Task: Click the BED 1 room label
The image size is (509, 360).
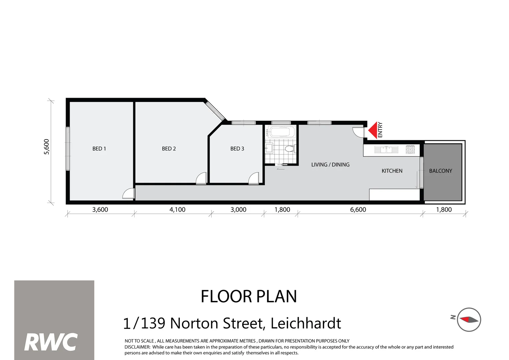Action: point(99,149)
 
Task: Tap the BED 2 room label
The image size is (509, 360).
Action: point(169,149)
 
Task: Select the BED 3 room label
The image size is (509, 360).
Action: point(237,149)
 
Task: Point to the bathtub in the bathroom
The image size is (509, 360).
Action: point(282,132)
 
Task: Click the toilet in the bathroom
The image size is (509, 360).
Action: point(289,149)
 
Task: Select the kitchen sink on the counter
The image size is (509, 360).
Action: point(386,150)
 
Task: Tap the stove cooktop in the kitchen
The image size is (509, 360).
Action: point(410,150)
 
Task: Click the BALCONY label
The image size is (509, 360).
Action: point(440,171)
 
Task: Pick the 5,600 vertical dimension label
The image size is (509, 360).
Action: point(47,147)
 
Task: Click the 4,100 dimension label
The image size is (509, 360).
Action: point(177,210)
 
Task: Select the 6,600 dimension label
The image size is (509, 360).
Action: point(358,210)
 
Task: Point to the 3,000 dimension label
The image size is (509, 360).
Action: point(238,210)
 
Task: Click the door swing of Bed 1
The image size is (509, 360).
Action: point(129,194)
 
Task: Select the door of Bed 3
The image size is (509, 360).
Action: point(254,179)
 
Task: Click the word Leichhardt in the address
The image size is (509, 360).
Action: point(305,323)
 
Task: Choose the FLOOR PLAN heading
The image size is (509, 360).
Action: point(249,296)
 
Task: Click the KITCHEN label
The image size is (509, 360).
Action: point(392,171)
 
